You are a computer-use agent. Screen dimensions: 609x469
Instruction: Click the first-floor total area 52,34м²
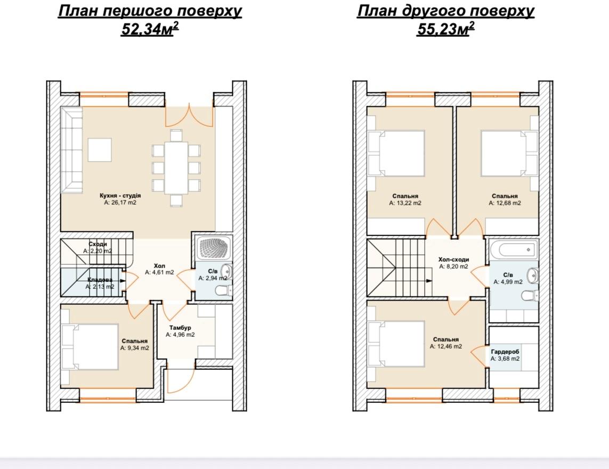150,29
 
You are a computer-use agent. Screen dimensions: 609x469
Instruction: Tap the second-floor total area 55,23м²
445,29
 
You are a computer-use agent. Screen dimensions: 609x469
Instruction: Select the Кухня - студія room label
120,196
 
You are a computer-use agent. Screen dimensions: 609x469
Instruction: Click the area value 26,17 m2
120,203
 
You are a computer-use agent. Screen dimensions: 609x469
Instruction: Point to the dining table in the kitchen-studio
176,168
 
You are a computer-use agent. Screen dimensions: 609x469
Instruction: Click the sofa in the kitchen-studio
72,150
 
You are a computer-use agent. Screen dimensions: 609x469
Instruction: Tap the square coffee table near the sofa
100,150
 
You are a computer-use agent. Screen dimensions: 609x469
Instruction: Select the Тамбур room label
180,328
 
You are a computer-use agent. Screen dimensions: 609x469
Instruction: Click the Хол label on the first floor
160,266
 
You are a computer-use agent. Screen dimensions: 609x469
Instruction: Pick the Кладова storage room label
100,280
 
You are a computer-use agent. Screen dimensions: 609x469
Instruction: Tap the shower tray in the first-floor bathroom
214,248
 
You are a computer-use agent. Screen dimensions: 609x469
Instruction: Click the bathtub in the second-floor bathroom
514,249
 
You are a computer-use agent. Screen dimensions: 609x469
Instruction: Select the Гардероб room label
505,352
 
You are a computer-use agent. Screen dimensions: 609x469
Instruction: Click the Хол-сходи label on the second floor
453,259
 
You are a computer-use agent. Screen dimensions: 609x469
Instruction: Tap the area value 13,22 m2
405,203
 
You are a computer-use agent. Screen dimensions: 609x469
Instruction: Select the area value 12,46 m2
446,346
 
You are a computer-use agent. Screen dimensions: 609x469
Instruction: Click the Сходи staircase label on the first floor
98,244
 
